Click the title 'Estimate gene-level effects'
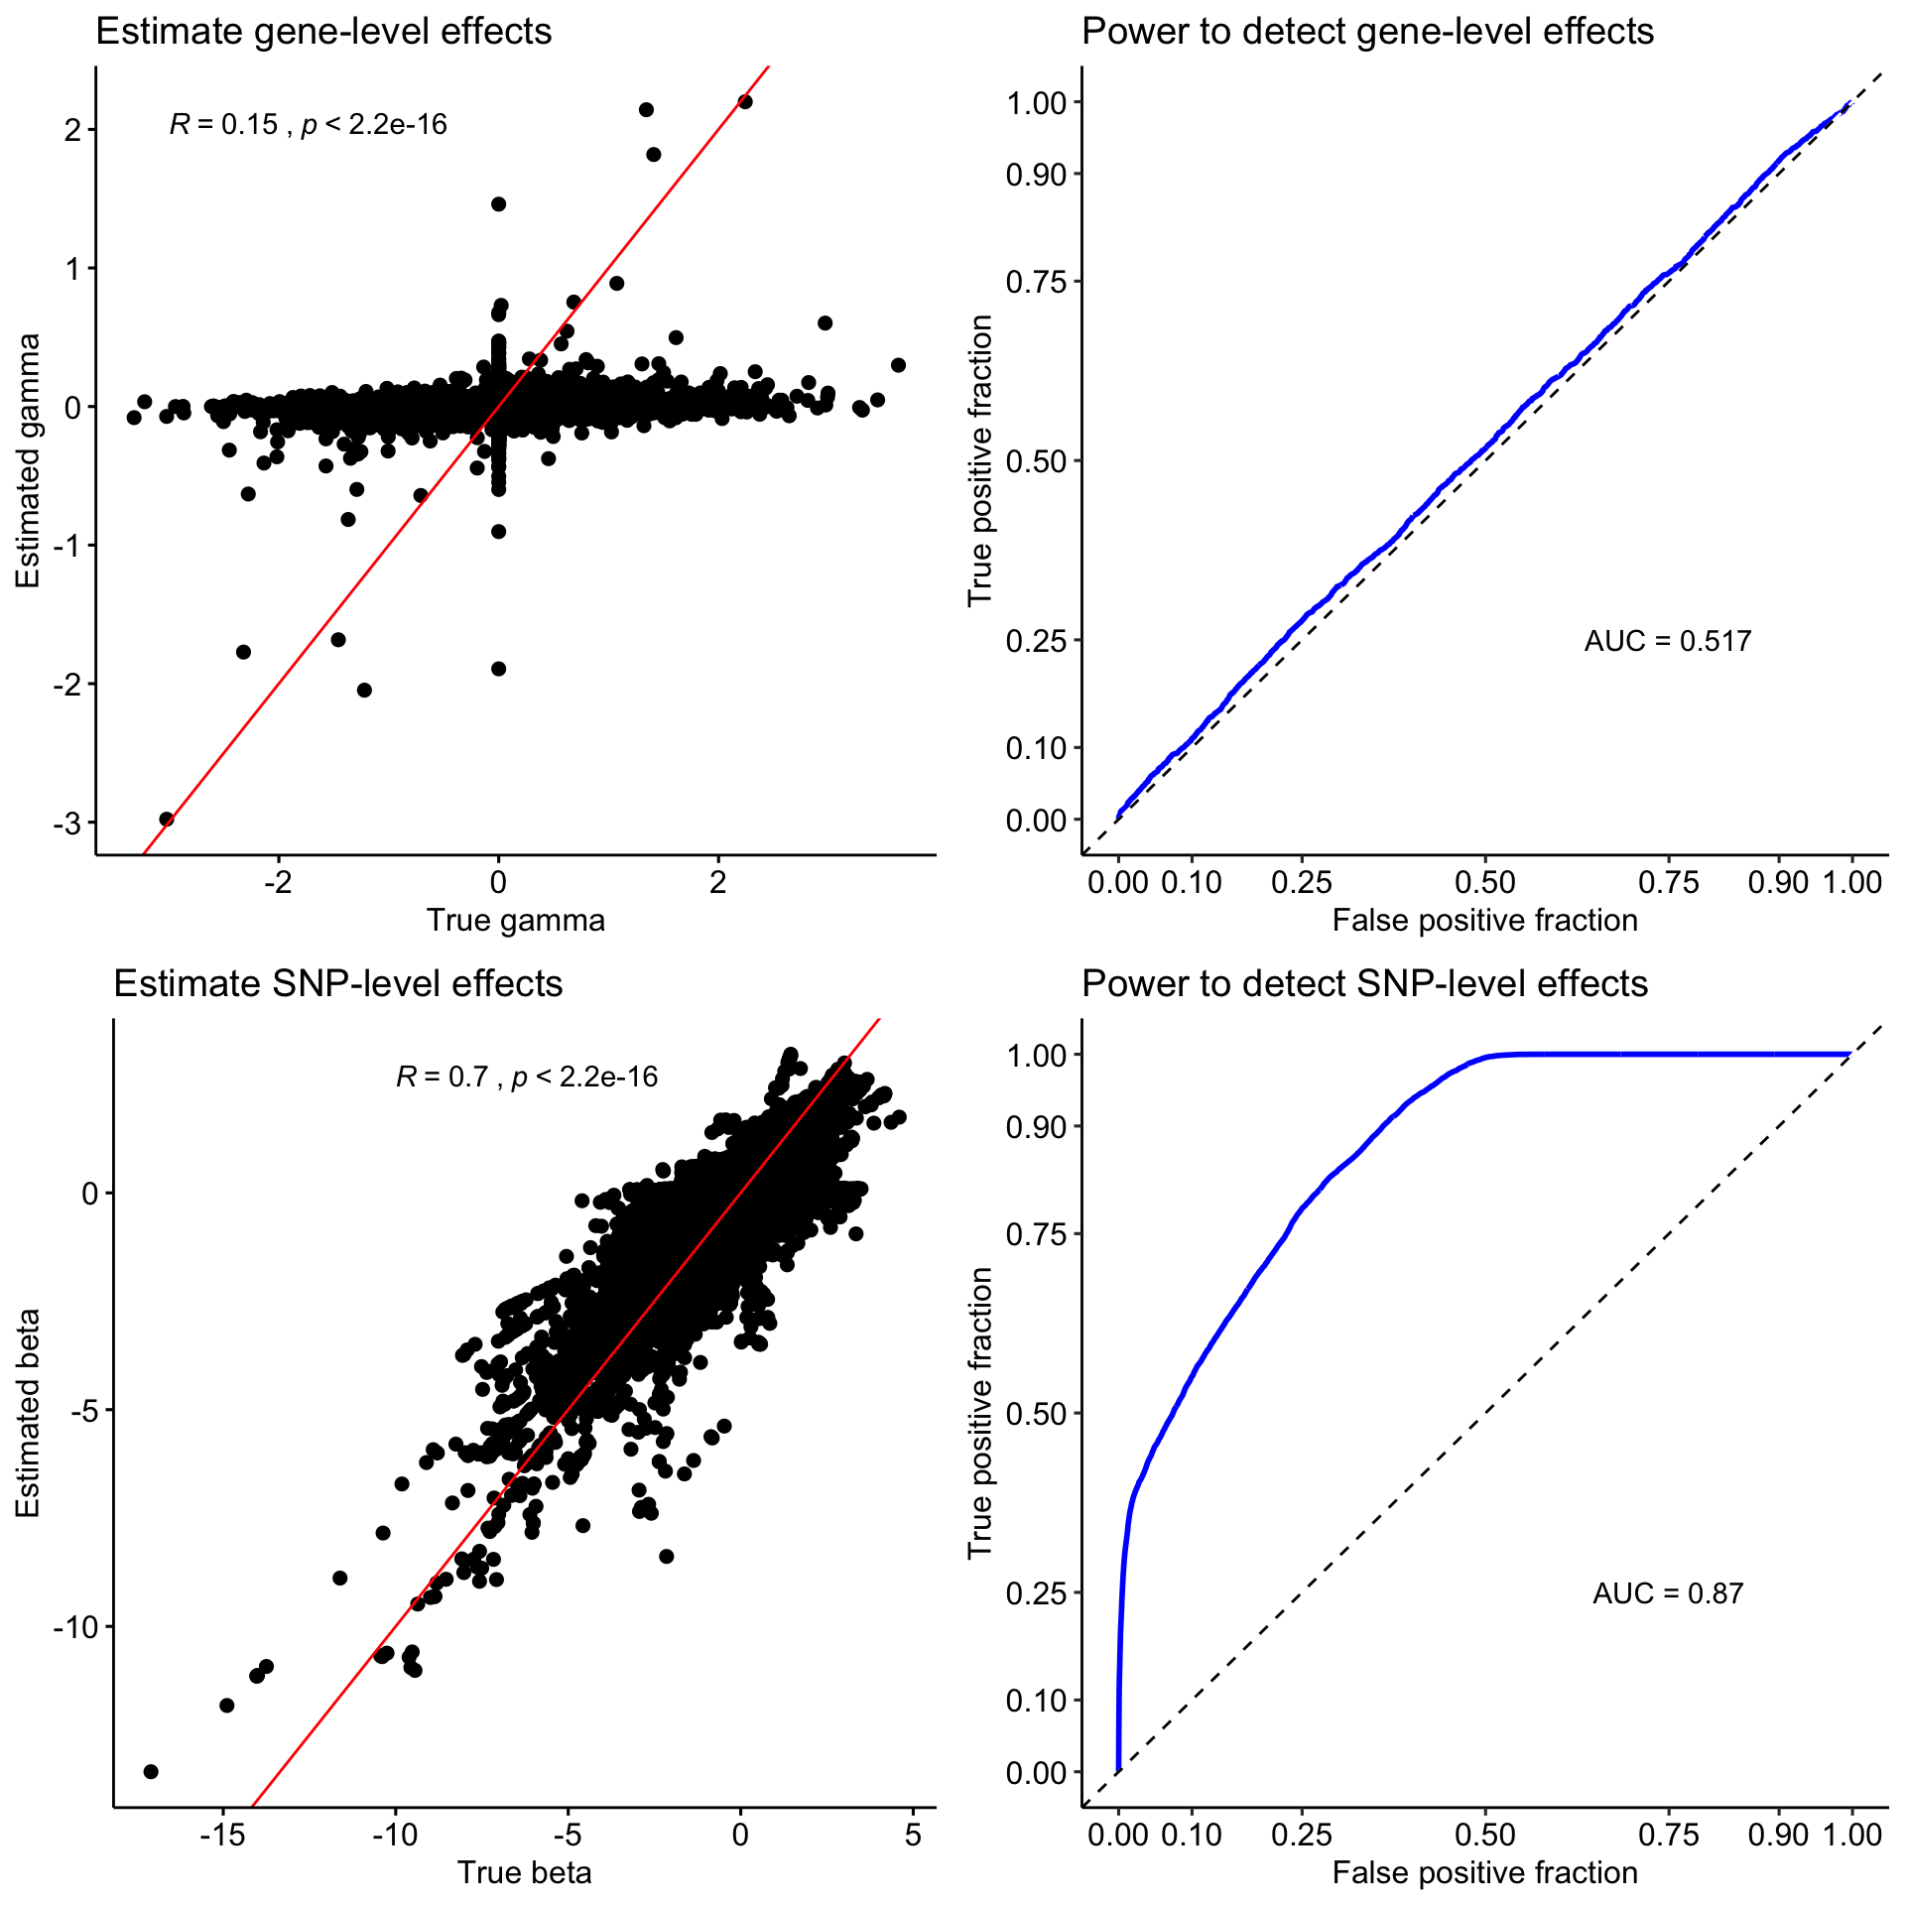[x=323, y=32]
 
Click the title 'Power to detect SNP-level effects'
[x=1364, y=983]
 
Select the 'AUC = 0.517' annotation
[x=1667, y=641]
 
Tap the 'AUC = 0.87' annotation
[x=1667, y=1593]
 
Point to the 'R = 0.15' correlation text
[x=224, y=125]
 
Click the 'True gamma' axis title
[x=515, y=921]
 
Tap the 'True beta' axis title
[x=524, y=1872]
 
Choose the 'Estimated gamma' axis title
[x=28, y=460]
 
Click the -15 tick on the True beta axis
[x=221, y=1835]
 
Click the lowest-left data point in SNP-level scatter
[x=151, y=1771]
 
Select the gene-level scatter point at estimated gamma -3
[x=167, y=820]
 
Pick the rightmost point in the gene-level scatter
[x=898, y=365]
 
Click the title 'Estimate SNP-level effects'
[x=337, y=983]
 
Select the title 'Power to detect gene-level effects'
[x=1367, y=32]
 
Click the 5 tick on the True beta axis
[x=913, y=1835]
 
